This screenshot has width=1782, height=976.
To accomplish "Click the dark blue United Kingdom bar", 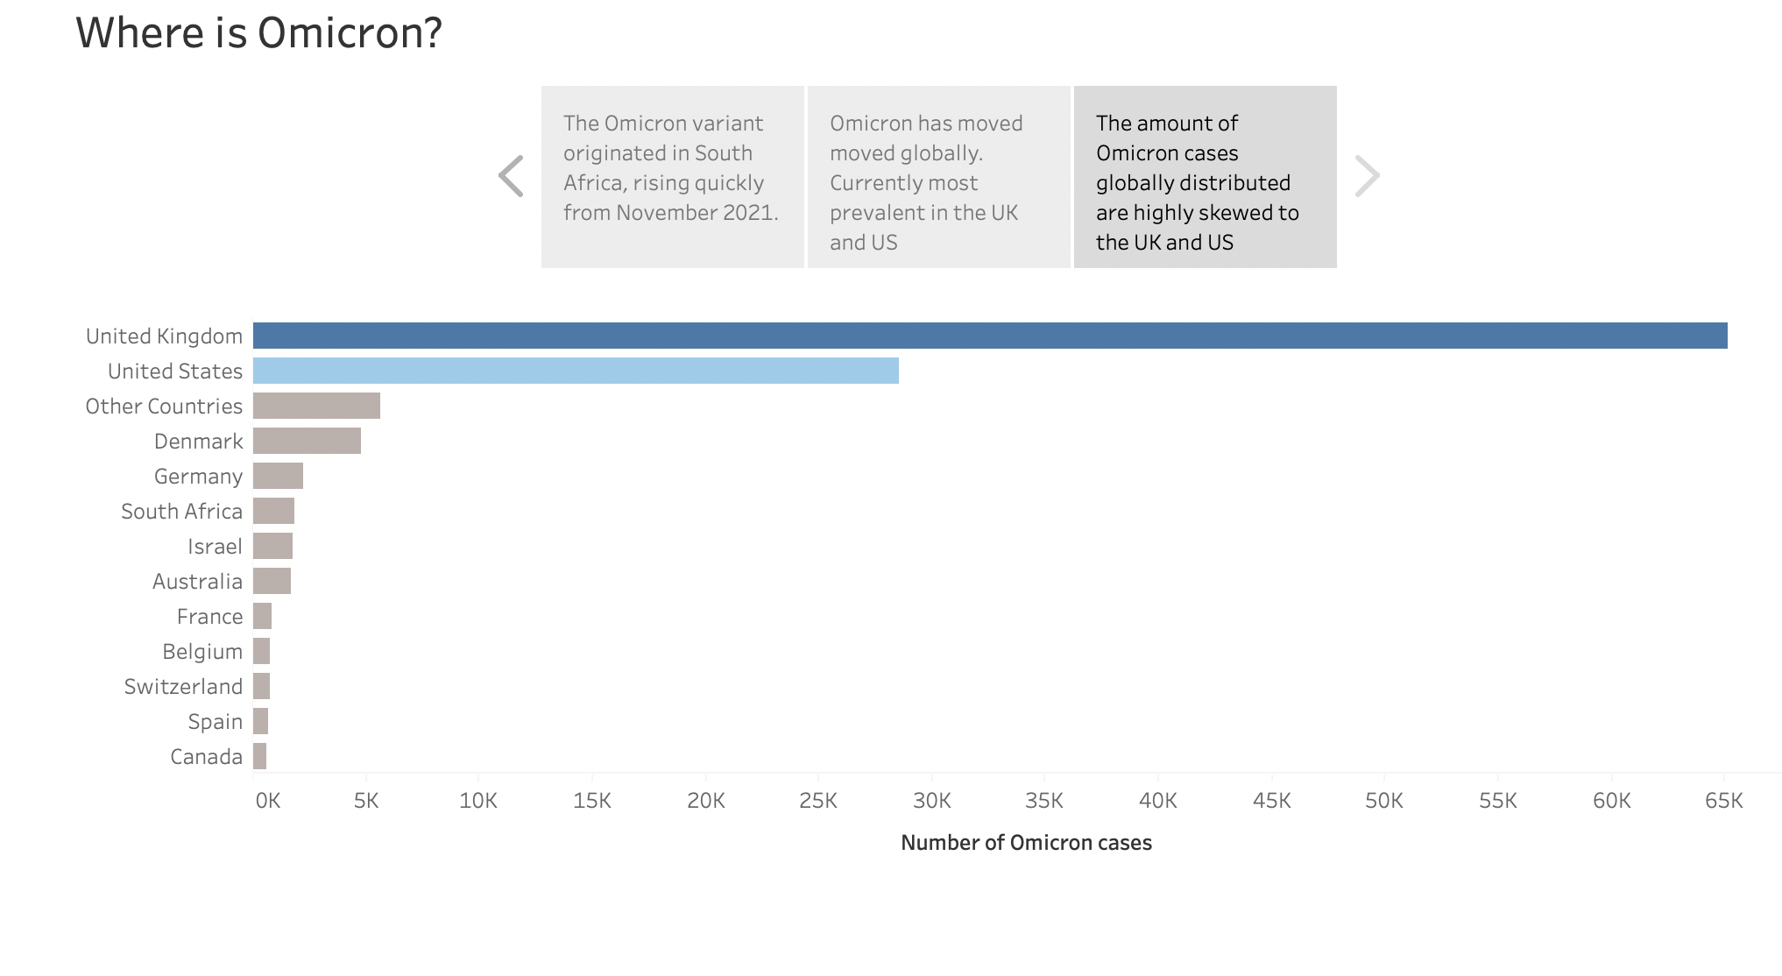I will click(990, 336).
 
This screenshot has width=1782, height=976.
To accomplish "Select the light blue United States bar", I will click(576, 371).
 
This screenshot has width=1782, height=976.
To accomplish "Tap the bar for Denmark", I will click(307, 441).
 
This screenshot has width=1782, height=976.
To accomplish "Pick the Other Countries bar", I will click(316, 406).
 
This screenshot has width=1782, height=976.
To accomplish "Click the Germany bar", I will click(278, 476).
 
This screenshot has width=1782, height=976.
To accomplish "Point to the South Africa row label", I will click(181, 511).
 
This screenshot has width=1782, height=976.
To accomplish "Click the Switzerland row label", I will click(183, 686).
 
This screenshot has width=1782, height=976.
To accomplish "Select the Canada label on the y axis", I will click(206, 756).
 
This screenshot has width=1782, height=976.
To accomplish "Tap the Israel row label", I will click(215, 546).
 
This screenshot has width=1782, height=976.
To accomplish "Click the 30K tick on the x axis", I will click(931, 800).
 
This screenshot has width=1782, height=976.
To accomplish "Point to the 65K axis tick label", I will click(1723, 800).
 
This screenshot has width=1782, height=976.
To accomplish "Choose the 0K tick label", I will click(267, 800).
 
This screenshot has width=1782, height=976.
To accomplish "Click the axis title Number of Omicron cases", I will click(1026, 842).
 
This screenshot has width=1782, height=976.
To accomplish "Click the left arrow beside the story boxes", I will click(511, 176).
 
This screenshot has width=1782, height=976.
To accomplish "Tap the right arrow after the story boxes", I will click(1367, 176).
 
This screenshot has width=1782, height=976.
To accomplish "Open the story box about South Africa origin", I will click(672, 176).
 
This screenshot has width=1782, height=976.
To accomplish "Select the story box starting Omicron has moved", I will click(938, 176).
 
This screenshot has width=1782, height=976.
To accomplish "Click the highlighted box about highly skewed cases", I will click(1205, 176).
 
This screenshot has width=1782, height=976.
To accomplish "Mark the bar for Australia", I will click(272, 581).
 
